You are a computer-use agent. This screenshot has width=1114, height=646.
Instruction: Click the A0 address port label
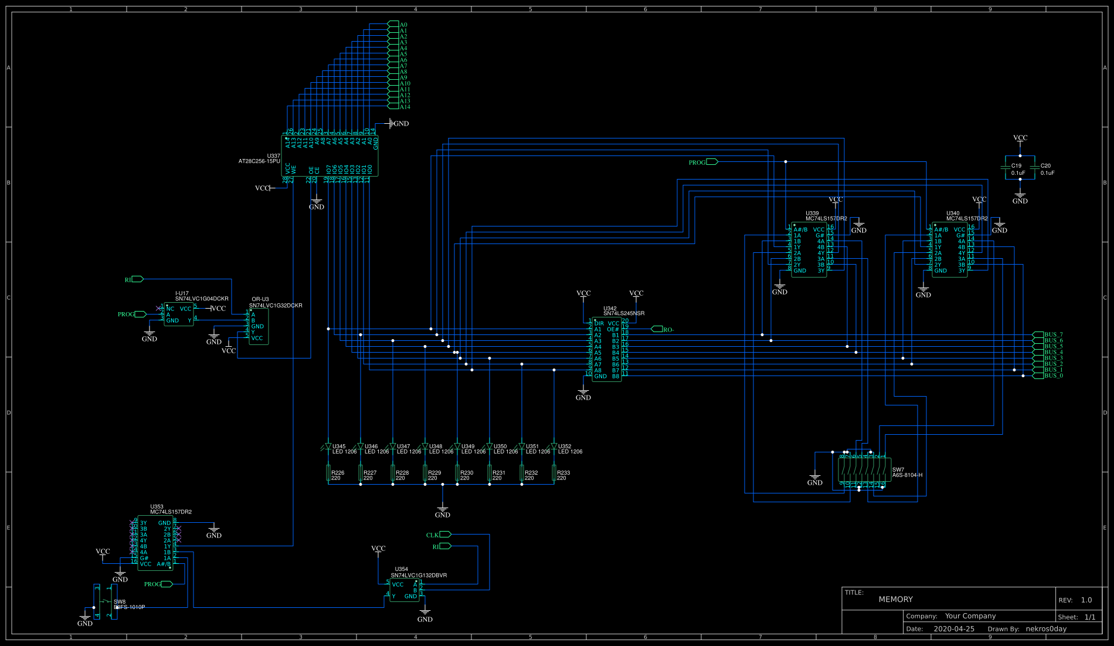(403, 25)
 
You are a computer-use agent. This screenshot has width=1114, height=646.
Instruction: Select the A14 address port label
(405, 107)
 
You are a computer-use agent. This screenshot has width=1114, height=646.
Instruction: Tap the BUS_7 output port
(1053, 334)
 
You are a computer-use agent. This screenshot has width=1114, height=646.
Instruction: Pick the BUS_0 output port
(1053, 376)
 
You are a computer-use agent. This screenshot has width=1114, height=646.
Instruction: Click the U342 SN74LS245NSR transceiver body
(607, 350)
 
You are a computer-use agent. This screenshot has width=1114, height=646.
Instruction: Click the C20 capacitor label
(1046, 166)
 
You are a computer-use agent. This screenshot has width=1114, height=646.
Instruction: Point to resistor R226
(328, 473)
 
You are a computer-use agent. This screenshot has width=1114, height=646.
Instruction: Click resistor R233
(554, 473)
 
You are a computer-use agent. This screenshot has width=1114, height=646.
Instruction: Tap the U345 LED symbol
(328, 447)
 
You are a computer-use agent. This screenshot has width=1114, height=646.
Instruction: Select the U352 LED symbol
(554, 447)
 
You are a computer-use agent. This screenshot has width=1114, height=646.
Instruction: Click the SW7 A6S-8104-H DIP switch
(864, 470)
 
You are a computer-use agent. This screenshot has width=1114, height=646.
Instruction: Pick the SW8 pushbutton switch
(106, 601)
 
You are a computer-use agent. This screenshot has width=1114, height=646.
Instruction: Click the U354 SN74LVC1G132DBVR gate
(405, 590)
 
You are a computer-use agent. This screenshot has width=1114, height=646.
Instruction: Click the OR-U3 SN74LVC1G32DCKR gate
(259, 326)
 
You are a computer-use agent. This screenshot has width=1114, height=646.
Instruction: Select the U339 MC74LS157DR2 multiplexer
(809, 249)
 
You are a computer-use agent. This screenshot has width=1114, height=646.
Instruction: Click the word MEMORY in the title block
(895, 599)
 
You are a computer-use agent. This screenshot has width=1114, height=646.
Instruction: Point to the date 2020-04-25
(954, 628)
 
